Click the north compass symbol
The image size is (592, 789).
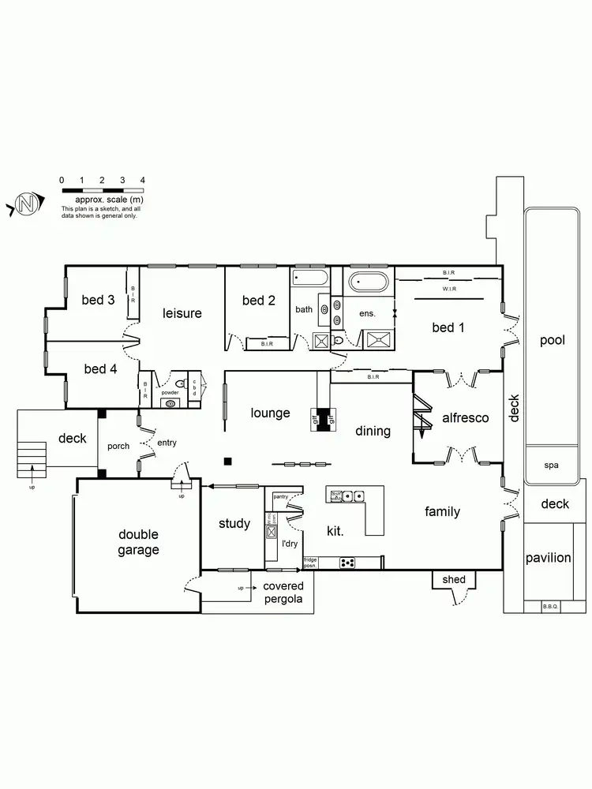[x=27, y=204]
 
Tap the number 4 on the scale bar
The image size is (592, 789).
[x=143, y=181]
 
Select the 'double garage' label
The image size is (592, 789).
[x=139, y=543]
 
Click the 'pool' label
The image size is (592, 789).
[x=553, y=340]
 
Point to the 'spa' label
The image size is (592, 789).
[x=551, y=465]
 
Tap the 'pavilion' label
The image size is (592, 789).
[x=549, y=558]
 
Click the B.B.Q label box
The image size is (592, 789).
[x=550, y=606]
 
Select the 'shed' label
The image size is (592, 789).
[x=454, y=579]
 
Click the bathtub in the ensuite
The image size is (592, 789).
[x=369, y=282]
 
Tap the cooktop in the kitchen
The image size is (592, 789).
[x=347, y=563]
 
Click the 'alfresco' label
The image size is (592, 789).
[x=466, y=417]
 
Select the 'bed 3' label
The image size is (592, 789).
[x=99, y=300]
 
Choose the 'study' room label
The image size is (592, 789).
[x=234, y=523]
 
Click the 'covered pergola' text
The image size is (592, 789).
[x=283, y=593]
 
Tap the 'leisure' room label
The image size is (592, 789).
[x=182, y=313]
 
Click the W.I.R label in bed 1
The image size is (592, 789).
[x=449, y=289]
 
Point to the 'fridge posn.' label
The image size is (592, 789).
[x=310, y=563]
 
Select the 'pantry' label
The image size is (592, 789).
[x=280, y=497]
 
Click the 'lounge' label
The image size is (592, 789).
[x=271, y=413]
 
